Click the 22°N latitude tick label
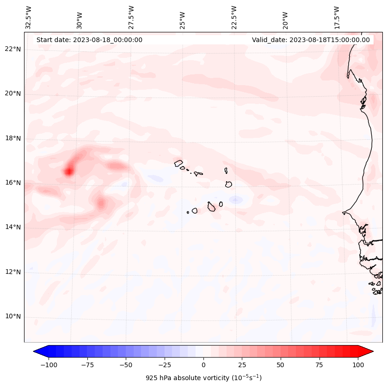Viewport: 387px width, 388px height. click(x=12, y=49)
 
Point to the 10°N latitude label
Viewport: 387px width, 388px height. click(x=12, y=317)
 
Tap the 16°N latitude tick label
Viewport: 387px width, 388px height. click(x=12, y=183)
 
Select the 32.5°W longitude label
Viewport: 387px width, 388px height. click(x=29, y=18)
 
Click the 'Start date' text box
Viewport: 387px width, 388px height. click(x=89, y=40)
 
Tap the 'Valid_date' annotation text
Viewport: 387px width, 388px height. click(x=311, y=40)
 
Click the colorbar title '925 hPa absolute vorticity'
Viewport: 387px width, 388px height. click(x=203, y=378)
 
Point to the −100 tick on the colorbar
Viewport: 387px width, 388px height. click(x=49, y=365)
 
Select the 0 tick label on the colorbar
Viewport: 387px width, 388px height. click(x=203, y=365)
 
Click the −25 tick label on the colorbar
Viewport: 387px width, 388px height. click(x=165, y=365)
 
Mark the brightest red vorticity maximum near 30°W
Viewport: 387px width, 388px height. click(x=68, y=172)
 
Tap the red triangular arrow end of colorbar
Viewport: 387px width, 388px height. click(x=366, y=351)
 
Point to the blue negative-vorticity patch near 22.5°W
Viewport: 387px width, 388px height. click(x=236, y=200)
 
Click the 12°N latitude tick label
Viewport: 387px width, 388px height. click(x=12, y=272)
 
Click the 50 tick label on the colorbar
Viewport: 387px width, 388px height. click(x=281, y=365)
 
